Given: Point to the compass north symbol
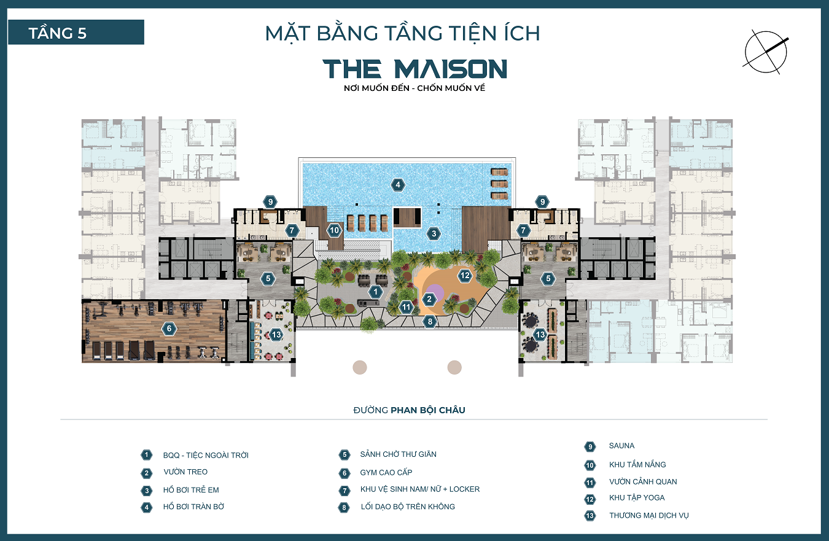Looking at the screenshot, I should coord(766,53).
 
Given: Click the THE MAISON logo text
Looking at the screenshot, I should coord(415,69).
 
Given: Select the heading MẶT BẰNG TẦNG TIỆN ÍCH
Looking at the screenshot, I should coord(402,33).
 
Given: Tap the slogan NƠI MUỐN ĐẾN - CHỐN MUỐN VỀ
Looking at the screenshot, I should coord(415,88).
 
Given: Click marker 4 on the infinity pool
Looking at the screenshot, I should coord(398,184).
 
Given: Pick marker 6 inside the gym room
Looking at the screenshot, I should coord(169,329).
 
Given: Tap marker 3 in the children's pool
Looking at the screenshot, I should coord(434,233).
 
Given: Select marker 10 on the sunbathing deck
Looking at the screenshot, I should coord(333,230).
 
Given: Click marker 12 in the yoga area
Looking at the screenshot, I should coord(465,276).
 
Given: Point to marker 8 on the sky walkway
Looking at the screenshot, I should coord(430,321).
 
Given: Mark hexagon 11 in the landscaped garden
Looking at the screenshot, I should coord(406,306).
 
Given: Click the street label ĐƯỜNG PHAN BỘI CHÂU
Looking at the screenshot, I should coord(409,410).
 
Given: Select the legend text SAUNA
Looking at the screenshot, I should coord(621,446).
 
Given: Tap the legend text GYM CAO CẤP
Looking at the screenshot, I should coord(386,473).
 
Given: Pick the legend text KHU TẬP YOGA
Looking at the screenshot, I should coord(637,498).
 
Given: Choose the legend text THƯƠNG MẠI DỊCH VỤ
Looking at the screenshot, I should coord(648,515).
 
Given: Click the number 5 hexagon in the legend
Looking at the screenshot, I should coord(344,455).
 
